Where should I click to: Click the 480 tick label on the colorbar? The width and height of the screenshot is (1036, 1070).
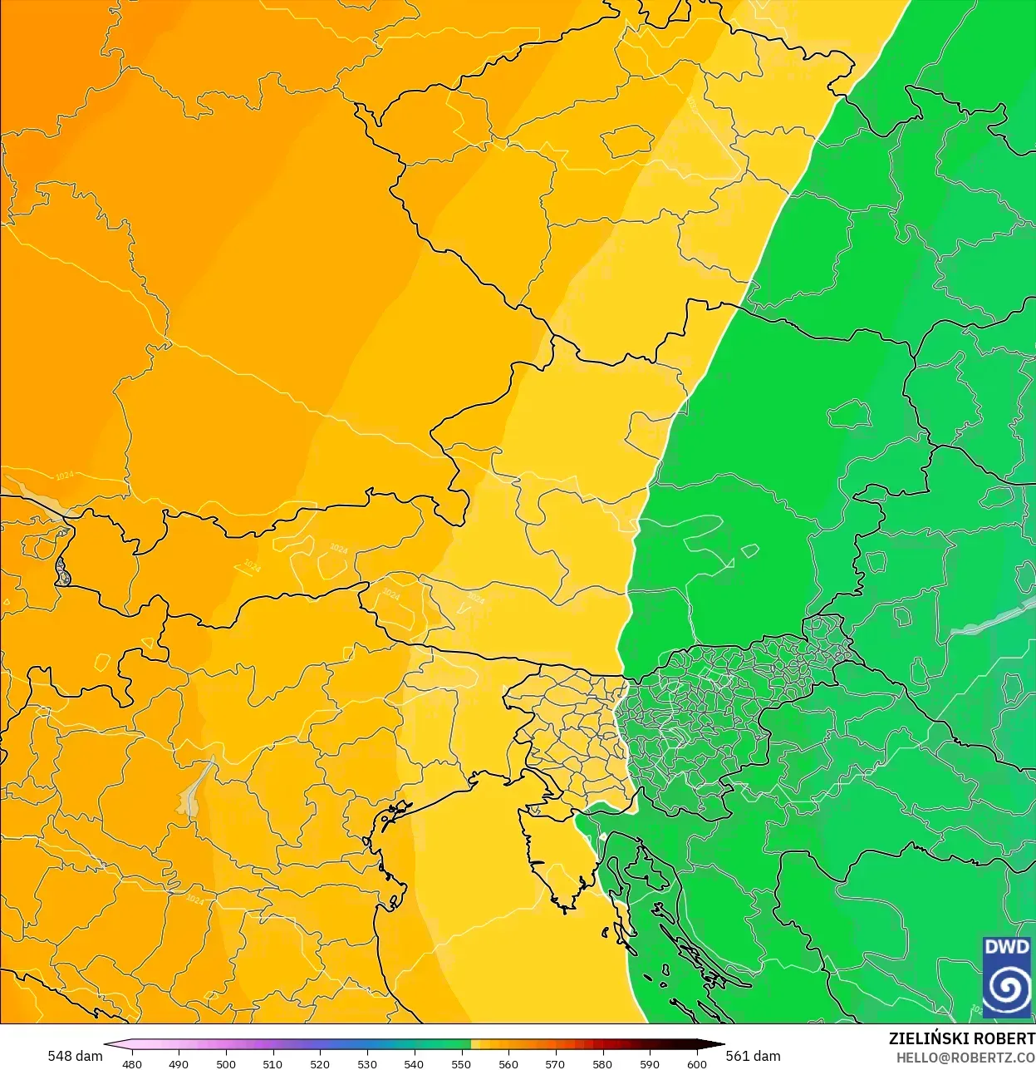132,1063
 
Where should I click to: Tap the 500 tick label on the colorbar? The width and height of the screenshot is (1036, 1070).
226,1063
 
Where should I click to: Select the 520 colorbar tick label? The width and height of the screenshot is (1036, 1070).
320,1063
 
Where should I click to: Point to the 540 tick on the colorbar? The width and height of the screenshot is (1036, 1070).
414,1063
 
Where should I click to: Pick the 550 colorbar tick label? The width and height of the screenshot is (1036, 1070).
461,1063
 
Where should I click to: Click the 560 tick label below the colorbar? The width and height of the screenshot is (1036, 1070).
508,1063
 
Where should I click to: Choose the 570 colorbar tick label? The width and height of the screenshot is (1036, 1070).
555,1063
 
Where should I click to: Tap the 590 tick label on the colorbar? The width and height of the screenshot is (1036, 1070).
650,1063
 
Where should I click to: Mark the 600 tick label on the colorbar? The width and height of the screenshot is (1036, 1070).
697,1063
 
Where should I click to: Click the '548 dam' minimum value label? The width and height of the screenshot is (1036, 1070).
75,1056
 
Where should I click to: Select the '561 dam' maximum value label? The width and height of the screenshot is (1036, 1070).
754,1056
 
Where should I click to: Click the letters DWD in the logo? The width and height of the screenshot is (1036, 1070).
1006,947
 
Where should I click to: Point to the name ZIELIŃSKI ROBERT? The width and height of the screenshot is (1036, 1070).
961,1038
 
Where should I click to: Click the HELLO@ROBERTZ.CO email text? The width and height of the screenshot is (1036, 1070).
965,1058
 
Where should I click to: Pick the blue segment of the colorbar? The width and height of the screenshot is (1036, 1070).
366,1045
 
